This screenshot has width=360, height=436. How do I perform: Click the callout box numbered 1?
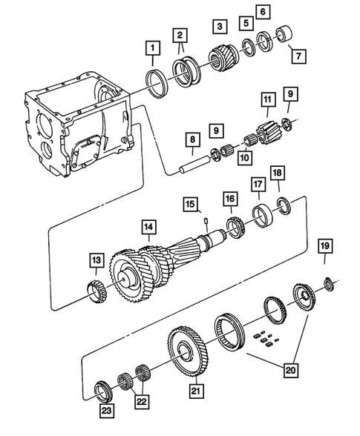(151, 50)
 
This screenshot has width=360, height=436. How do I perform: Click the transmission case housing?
(78, 126)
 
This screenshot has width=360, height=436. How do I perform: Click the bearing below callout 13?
(95, 290)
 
